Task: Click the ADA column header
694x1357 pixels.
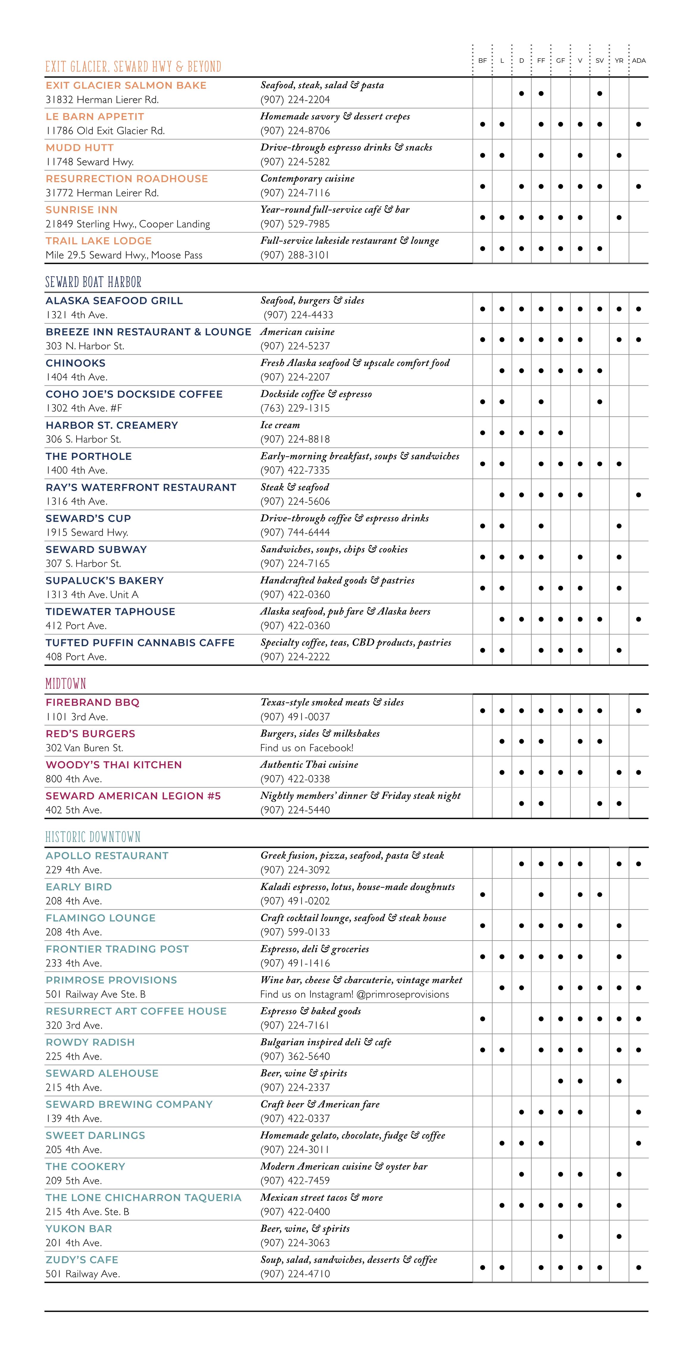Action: click(639, 61)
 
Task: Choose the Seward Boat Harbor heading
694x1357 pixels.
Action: click(93, 282)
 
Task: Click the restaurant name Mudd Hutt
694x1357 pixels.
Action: click(79, 148)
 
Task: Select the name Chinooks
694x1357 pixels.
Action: click(75, 363)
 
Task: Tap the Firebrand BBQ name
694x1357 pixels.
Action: click(92, 702)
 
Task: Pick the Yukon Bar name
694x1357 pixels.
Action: click(79, 1228)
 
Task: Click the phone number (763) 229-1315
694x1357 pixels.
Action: click(295, 408)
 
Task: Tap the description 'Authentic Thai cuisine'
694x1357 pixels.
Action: click(309, 764)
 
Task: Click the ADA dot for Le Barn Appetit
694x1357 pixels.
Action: click(639, 124)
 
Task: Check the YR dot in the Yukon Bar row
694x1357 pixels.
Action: click(619, 1236)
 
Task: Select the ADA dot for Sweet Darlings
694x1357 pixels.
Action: click(639, 1143)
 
